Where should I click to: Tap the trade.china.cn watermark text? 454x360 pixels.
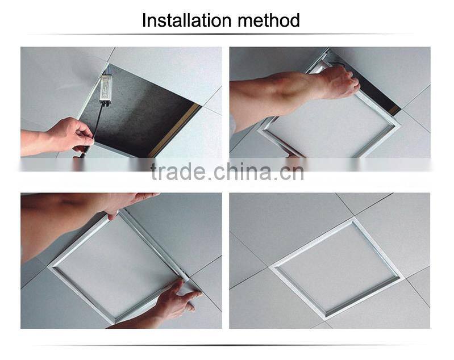(x=227, y=171)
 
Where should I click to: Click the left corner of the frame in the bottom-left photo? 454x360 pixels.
(x=51, y=265)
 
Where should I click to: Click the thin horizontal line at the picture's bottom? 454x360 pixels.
(x=227, y=345)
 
